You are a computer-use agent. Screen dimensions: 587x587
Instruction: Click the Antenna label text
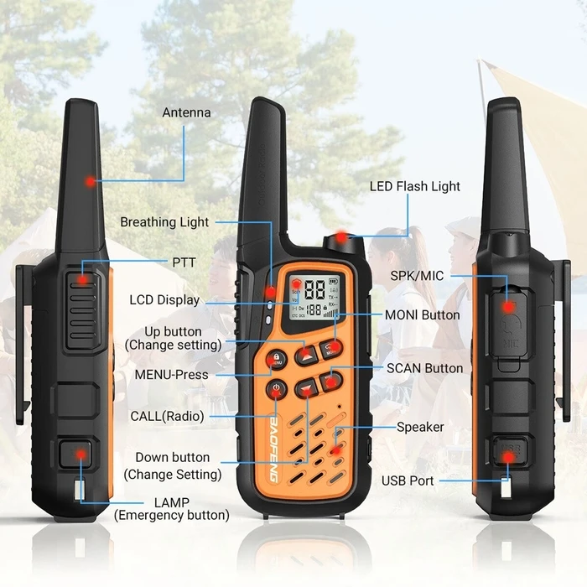[x=186, y=112]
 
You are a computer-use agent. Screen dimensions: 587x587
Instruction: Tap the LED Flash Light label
[x=414, y=186]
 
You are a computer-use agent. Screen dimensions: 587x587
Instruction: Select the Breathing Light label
[x=164, y=222]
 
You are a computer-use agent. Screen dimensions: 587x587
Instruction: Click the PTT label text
[x=184, y=262]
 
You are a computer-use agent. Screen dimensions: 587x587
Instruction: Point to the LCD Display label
[x=164, y=299]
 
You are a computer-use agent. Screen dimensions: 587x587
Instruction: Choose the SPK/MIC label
[x=417, y=276]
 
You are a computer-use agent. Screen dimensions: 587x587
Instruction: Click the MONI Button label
[x=422, y=314]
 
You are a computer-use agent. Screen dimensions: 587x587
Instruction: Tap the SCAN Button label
[x=424, y=367]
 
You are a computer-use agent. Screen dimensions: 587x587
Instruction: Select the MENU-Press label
[x=171, y=374]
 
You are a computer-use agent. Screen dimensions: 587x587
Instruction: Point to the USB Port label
[x=408, y=481]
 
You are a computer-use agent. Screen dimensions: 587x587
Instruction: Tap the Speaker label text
[x=420, y=427]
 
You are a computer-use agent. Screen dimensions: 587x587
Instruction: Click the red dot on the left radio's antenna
[x=89, y=181]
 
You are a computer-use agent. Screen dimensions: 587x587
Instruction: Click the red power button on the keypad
[x=277, y=389]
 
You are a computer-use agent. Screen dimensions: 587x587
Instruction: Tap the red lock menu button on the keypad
[x=275, y=359]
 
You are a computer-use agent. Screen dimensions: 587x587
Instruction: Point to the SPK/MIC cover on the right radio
[x=508, y=323]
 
